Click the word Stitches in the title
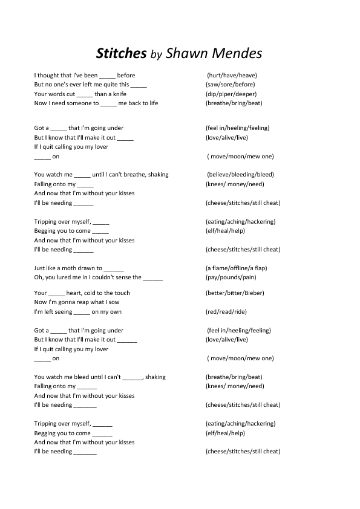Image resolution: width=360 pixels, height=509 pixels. point(122,54)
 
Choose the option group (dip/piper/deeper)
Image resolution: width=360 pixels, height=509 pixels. point(231,94)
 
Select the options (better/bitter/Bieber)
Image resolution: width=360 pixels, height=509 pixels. point(235,293)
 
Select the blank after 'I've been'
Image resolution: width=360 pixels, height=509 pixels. point(106,76)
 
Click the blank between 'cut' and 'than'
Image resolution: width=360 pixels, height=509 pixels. point(85,95)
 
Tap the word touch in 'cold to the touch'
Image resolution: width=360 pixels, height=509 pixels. point(122,293)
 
